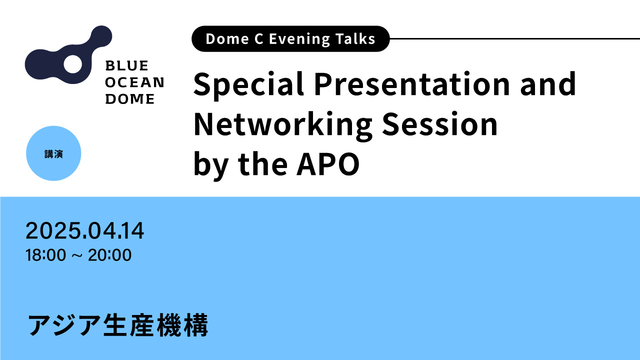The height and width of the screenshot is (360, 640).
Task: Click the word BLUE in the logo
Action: [127, 65]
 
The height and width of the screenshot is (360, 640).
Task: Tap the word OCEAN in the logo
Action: [134, 82]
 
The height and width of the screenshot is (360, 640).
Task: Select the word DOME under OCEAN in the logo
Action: [130, 99]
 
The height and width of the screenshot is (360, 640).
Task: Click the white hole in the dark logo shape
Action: [73, 63]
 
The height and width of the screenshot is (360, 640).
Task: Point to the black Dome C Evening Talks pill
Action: [290, 39]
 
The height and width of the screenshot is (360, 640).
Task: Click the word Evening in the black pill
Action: [299, 39]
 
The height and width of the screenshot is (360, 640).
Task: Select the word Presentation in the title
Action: [412, 83]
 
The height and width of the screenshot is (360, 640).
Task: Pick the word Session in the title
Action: [440, 124]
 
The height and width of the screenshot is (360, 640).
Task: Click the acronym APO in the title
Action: [328, 164]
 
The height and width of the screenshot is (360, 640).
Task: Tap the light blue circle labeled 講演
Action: [53, 153]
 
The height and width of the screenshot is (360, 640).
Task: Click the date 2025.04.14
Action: [85, 230]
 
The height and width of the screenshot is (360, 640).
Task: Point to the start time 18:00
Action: [45, 255]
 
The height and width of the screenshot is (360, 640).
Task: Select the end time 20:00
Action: [109, 255]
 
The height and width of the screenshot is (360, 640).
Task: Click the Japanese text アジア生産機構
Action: [117, 325]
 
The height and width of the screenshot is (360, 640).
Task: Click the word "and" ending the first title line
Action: [547, 83]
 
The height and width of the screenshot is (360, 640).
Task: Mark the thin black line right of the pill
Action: [515, 38]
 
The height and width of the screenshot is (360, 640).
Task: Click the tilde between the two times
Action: [77, 255]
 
